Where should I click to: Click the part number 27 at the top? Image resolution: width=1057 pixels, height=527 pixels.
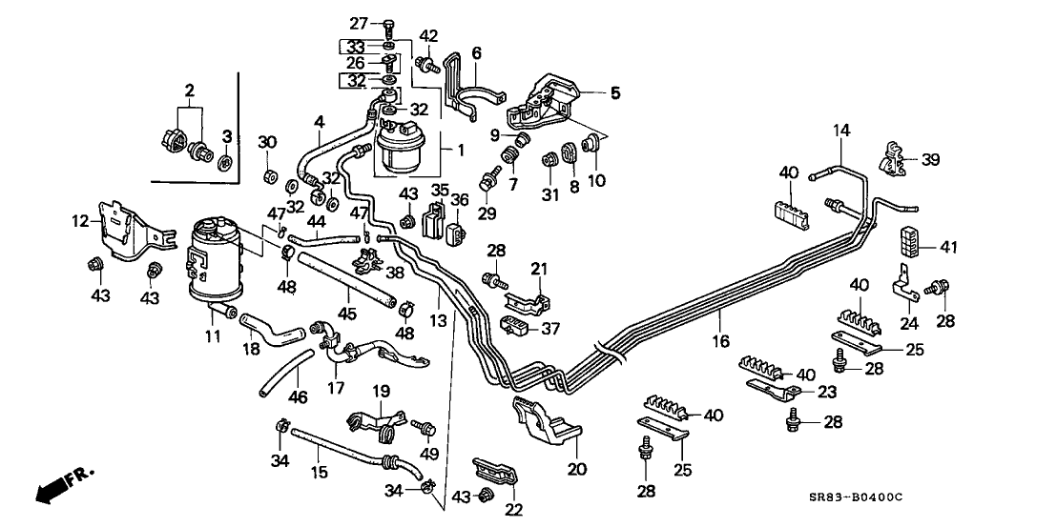tap(358, 23)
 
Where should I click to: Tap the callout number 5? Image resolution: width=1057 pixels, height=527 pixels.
tap(615, 92)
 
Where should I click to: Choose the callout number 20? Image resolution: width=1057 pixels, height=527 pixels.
tap(576, 468)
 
